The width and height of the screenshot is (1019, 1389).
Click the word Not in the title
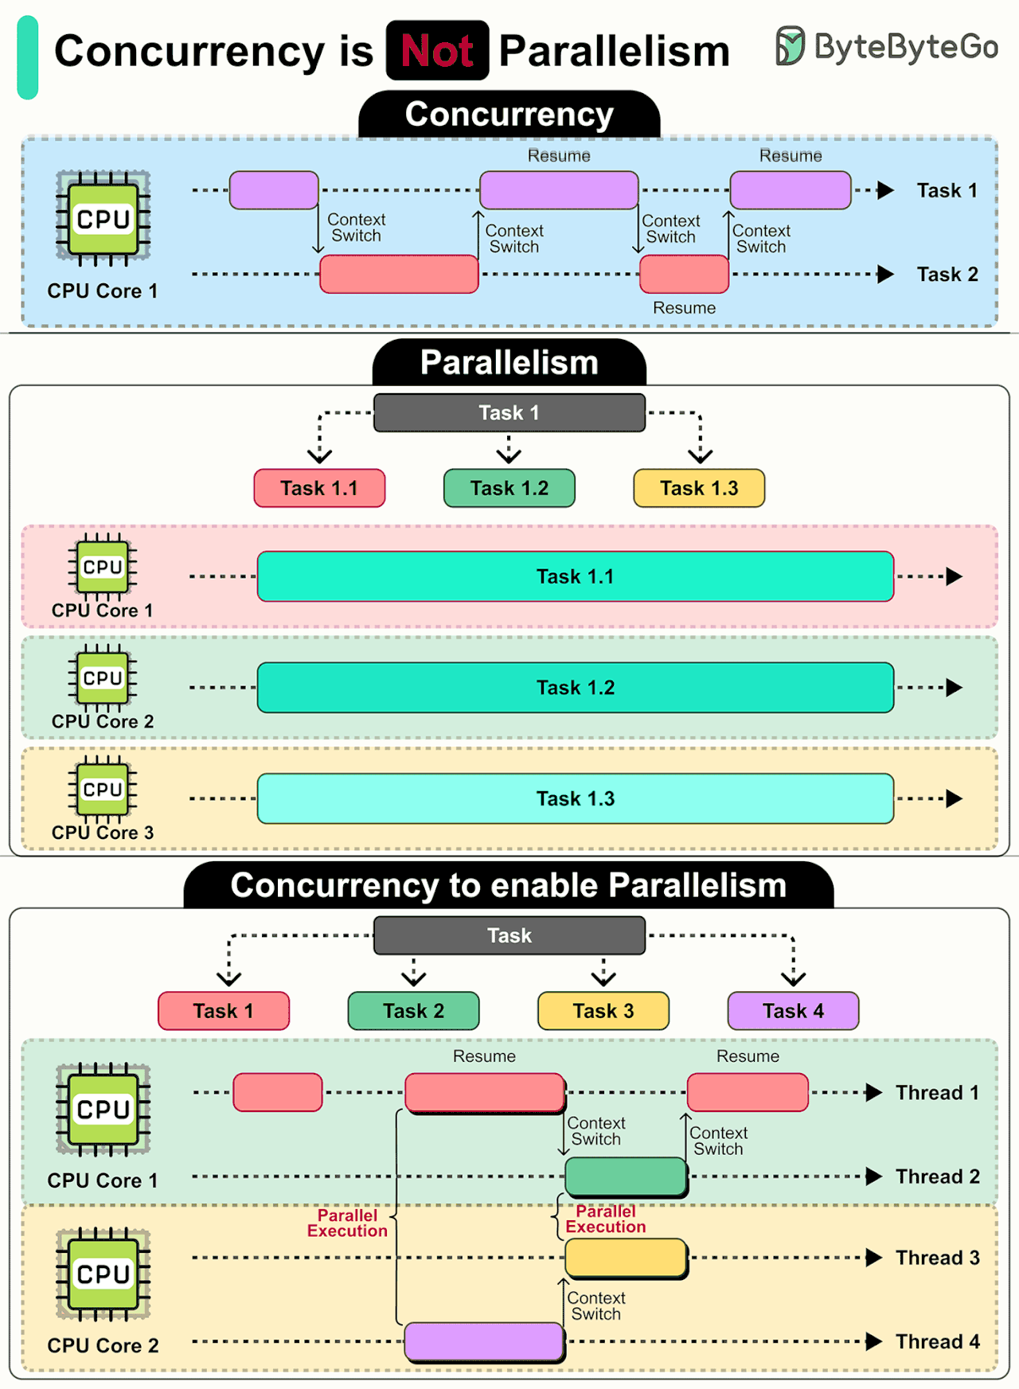coord(437,51)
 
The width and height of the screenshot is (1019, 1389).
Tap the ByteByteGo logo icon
coord(790,45)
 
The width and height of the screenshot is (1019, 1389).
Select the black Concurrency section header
coord(509,115)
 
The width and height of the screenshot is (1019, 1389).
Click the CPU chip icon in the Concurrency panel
coord(103,217)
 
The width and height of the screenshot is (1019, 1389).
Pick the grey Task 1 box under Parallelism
coord(509,412)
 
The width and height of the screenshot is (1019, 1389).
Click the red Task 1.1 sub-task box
coord(319,488)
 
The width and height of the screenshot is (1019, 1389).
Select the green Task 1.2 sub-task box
coord(509,488)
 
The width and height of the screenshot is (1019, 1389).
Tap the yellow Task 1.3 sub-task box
coord(699,488)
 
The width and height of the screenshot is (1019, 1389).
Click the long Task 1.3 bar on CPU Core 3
coord(575,798)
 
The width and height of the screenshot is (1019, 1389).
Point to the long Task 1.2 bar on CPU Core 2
coord(575,687)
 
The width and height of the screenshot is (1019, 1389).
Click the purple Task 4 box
coord(793,1011)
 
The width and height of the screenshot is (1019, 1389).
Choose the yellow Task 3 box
coord(603,1011)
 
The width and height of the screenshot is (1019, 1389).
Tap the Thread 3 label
coord(937,1258)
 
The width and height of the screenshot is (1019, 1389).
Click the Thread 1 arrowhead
coord(874,1092)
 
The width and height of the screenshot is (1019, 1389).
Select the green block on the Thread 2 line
coord(626,1176)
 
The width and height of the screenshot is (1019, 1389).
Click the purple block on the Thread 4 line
coord(484,1341)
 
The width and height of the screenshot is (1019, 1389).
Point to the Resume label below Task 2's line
coord(684,308)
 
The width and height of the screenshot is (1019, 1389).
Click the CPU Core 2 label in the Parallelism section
coord(103,721)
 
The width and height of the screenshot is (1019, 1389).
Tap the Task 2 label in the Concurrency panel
coord(947,275)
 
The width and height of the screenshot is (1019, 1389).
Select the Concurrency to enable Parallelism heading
coord(509,886)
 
